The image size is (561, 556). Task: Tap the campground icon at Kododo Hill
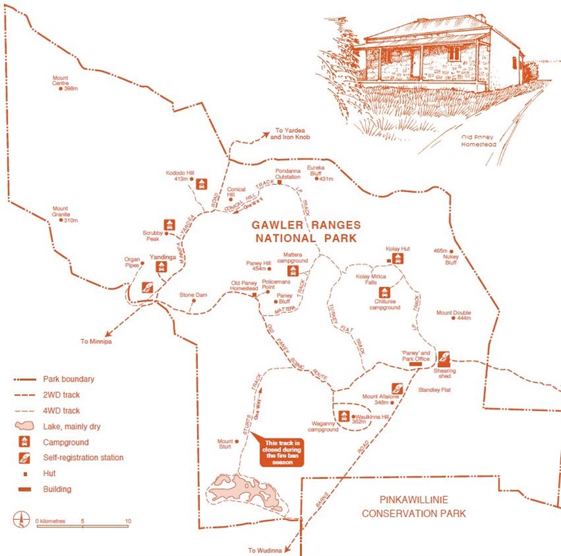[201, 183]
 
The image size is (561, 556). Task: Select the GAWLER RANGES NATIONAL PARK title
[306, 231]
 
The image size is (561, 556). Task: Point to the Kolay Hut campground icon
[397, 259]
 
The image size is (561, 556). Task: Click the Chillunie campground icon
[384, 293]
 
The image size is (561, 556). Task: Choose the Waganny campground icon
[343, 416]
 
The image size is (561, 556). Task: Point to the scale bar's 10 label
[127, 521]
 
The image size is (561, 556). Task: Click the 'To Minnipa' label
[95, 341]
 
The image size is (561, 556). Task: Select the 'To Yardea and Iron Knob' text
[292, 134]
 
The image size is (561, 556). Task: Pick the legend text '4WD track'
[63, 409]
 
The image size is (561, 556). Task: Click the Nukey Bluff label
[451, 259]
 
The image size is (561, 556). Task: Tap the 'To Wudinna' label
[265, 550]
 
